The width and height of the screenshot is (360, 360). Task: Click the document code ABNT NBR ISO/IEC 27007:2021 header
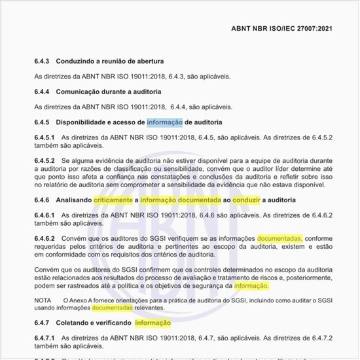(x=286, y=29)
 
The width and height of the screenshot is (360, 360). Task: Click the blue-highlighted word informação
(x=165, y=122)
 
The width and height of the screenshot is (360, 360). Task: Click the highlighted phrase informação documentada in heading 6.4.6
(x=177, y=200)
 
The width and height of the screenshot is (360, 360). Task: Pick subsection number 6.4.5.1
(x=45, y=137)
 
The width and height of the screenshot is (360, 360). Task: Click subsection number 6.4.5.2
(x=45, y=160)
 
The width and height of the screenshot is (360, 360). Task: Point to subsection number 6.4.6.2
(x=45, y=238)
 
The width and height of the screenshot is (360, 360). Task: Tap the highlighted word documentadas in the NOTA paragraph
(x=112, y=307)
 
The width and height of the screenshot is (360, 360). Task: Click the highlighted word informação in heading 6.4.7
(x=153, y=323)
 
